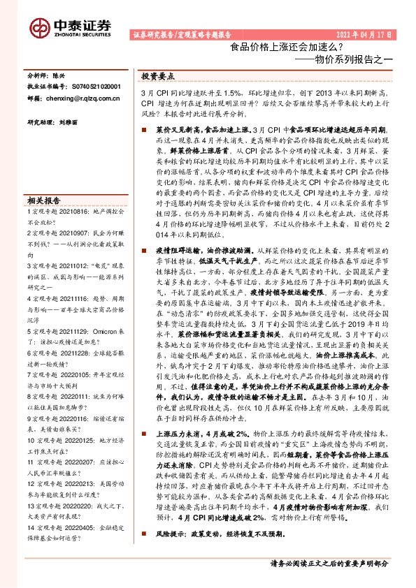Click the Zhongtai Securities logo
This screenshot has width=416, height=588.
point(70,27)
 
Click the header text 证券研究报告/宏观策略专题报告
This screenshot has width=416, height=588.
point(181,34)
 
